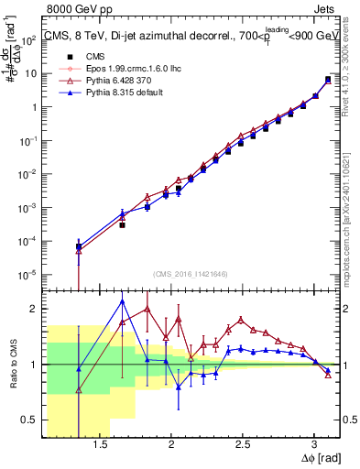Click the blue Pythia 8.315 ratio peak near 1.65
pos(122,300)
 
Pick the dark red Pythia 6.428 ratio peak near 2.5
pos(241,320)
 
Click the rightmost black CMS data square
pos(328,80)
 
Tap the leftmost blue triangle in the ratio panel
pos(79,369)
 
